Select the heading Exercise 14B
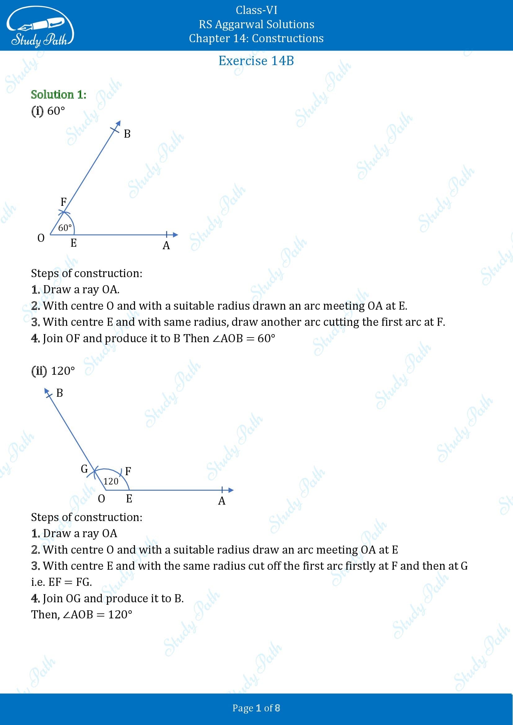click(256, 61)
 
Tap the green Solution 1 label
click(58, 95)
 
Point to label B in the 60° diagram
click(127, 134)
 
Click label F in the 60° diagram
click(64, 201)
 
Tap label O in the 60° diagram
click(41, 238)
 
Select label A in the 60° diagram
click(166, 245)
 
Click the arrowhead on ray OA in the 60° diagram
click(175, 235)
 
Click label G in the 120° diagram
click(84, 469)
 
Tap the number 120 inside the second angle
click(111, 481)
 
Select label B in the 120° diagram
click(59, 393)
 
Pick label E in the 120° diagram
click(129, 499)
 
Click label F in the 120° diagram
click(128, 471)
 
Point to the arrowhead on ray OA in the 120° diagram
click(231, 490)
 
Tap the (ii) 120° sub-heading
click(53, 371)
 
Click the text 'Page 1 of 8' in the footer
click(256, 708)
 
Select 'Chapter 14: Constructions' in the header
click(256, 38)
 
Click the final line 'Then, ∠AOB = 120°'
click(82, 614)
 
